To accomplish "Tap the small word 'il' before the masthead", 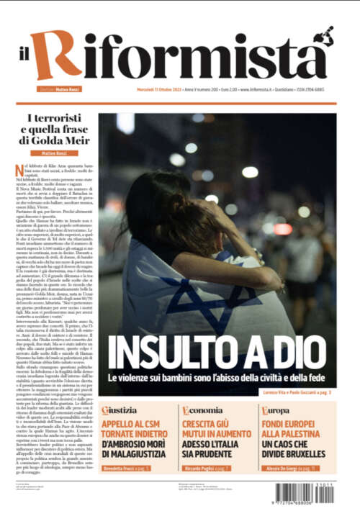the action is tap(24, 61).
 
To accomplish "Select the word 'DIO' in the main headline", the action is tap(298, 355).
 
